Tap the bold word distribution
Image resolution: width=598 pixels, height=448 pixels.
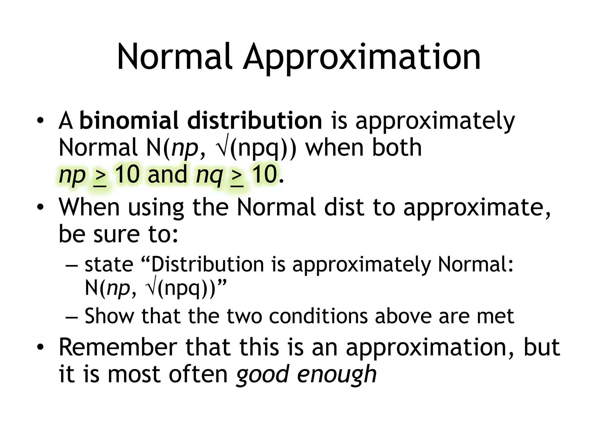coord(255,120)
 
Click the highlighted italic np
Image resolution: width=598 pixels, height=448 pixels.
coord(72,175)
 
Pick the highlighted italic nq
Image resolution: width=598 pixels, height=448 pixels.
coord(209,175)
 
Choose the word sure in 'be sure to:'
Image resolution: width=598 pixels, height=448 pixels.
coord(117,234)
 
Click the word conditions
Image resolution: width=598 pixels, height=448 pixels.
coord(318,316)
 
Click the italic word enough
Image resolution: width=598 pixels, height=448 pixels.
coord(337,374)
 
